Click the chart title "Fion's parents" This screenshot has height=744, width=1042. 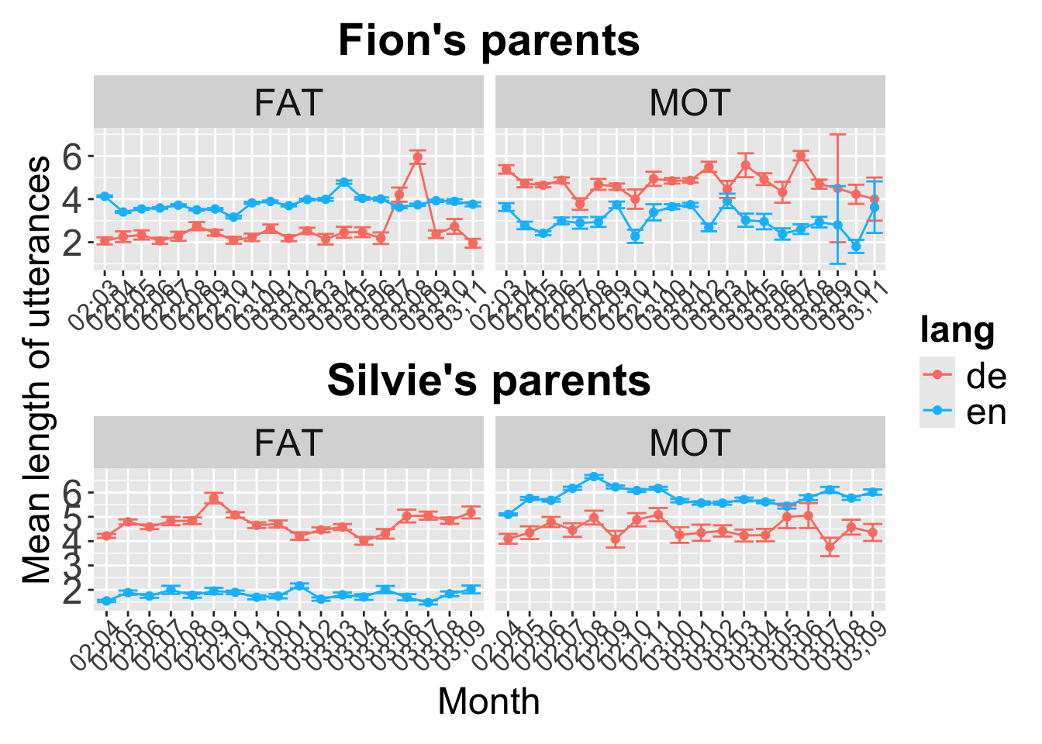click(488, 40)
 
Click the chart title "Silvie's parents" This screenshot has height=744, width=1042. click(488, 381)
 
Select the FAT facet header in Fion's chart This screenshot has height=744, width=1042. click(288, 102)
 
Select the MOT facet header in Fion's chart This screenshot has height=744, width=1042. click(690, 102)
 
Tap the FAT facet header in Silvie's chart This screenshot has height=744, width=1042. click(288, 443)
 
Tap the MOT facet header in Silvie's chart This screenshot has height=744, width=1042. click(690, 443)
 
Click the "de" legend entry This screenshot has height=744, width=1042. click(985, 376)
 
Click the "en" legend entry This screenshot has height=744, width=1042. click(985, 412)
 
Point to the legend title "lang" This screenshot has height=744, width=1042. click(957, 331)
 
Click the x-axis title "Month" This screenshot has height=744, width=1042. click(488, 702)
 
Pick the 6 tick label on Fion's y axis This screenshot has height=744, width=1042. click(72, 157)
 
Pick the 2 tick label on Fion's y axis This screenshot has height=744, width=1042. click(72, 243)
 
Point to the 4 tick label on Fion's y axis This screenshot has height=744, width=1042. click(72, 200)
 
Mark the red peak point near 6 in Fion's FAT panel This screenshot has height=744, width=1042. click(418, 157)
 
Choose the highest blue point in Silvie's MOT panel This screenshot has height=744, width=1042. click(594, 477)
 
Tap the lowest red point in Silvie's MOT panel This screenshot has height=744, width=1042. click(830, 546)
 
